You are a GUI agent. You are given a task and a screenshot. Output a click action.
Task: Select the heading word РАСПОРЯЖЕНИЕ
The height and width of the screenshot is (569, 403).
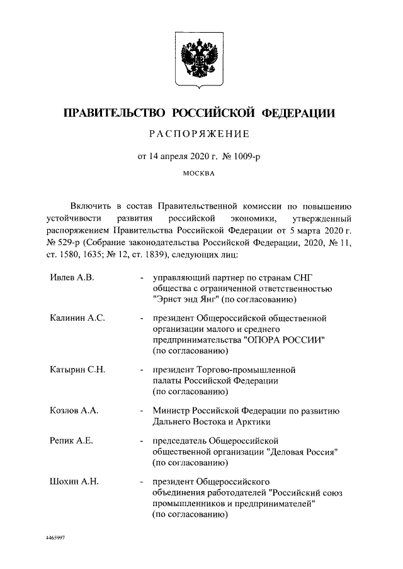201,134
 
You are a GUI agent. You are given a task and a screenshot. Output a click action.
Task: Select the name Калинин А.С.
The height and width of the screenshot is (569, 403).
77,318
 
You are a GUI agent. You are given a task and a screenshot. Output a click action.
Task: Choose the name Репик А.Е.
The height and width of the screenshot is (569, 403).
71,441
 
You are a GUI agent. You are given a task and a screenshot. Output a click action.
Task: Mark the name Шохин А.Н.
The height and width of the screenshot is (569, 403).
74,482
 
